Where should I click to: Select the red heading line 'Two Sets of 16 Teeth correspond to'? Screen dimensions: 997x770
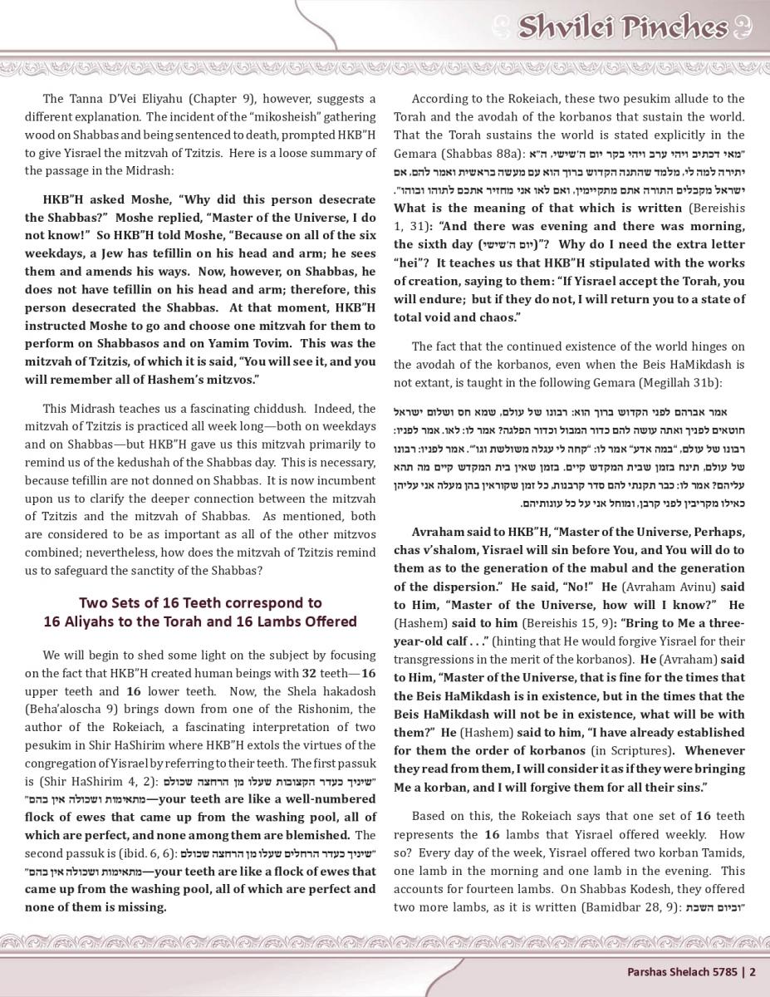200,602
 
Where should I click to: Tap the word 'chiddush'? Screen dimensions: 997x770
279,409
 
